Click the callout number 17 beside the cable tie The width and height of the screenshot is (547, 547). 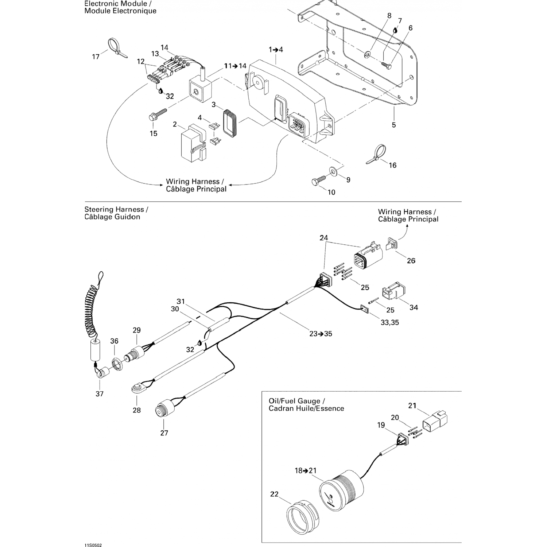(96, 57)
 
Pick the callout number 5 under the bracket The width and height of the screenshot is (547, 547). (394, 125)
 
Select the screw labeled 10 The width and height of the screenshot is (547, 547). (318, 181)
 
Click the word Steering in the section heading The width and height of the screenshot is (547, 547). (99, 209)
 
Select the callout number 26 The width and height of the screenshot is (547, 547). (411, 261)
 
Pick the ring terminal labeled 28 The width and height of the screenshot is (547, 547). (137, 388)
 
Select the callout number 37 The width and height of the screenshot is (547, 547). (100, 394)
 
